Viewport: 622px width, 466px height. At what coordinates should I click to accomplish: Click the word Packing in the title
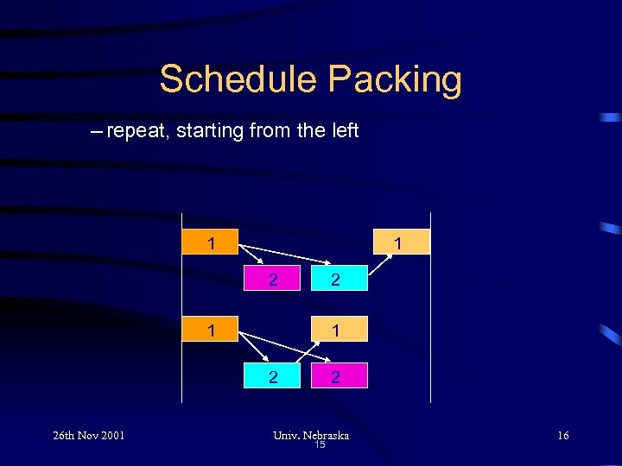point(395,79)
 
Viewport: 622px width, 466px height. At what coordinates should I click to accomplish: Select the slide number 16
point(562,436)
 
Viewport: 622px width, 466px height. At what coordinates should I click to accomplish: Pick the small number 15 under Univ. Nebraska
point(320,445)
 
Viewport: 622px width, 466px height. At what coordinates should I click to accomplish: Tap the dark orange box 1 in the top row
point(212,242)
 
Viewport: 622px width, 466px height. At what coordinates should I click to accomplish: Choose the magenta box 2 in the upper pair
point(273,280)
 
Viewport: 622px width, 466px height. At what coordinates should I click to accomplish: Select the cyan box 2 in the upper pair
point(335,280)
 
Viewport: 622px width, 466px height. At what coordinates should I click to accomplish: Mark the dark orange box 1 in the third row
point(212,329)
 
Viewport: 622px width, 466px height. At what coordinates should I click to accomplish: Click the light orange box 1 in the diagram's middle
point(335,329)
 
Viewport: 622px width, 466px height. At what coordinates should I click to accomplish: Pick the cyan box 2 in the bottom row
point(273,375)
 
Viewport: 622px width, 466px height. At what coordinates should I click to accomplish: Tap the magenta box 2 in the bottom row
point(335,375)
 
